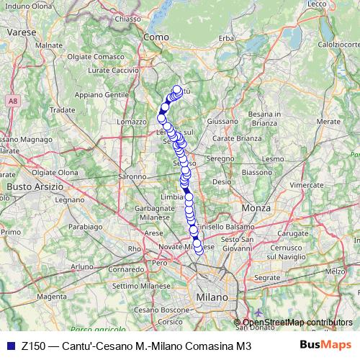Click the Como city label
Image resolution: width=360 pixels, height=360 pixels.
(x=156, y=37)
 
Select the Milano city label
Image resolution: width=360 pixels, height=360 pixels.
(x=210, y=297)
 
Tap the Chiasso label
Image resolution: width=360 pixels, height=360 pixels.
(x=128, y=19)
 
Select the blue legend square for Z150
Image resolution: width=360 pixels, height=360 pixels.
(x=9, y=346)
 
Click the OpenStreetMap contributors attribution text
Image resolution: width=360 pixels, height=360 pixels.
(x=297, y=323)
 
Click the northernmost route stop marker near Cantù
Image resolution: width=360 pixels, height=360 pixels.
(x=177, y=90)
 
